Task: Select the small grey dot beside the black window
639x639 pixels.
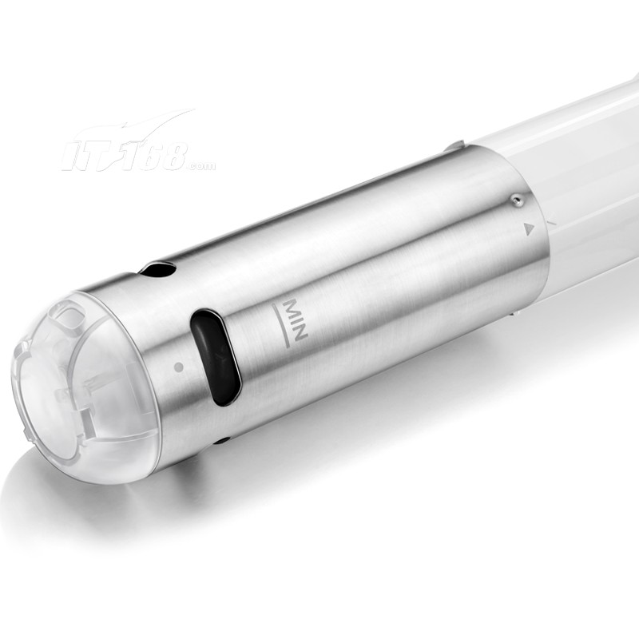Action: coord(178,367)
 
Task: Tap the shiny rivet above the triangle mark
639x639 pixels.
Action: coord(517,200)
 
